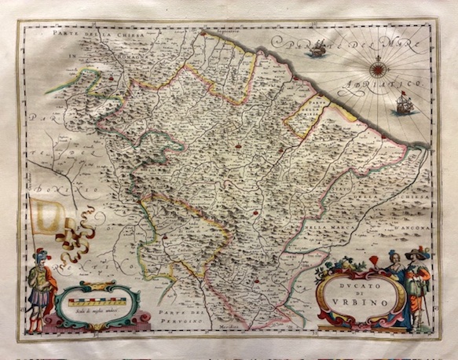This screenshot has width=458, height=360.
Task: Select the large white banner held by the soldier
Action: click(49, 216)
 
